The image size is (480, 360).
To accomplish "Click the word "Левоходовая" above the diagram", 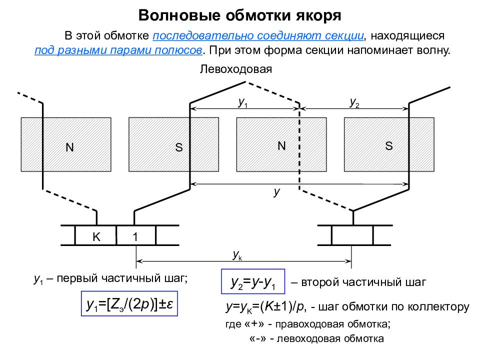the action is coord(235,69).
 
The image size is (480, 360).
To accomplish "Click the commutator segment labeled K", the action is coord(96,235).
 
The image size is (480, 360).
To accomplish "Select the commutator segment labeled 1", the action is coord(136,235).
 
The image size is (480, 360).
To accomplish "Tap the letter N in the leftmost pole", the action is coord(70,147).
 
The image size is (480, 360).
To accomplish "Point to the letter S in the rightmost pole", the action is coord(389,146).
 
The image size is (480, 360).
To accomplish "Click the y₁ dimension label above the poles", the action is coord(243,102).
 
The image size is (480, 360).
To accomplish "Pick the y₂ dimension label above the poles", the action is coord(354,102).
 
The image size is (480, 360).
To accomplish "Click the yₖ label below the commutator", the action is coord(237,254).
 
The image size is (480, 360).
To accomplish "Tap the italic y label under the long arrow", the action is coord(276,191).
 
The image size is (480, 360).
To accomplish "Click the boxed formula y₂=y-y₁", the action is coord(253,281).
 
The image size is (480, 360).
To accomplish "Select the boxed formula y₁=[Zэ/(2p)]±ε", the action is coord(129,303).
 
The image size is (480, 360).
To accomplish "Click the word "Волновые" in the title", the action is coord(179,15).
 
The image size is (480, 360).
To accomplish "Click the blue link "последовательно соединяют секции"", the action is coord(258,36).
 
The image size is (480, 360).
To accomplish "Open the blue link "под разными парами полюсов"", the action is coord(118,50).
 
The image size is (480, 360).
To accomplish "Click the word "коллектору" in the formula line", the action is coord(438,306).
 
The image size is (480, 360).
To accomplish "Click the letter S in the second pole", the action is coord(179,147).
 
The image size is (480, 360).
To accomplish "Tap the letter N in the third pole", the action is coord(281,145).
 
